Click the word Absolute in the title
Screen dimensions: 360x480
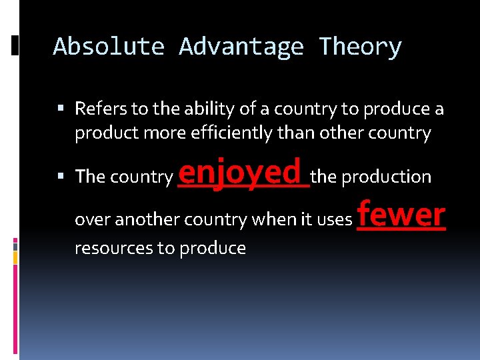tap(109, 47)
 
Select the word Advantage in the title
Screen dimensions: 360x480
tap(241, 47)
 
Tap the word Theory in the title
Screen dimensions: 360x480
tap(360, 47)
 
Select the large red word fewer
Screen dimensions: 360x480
tap(401, 215)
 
